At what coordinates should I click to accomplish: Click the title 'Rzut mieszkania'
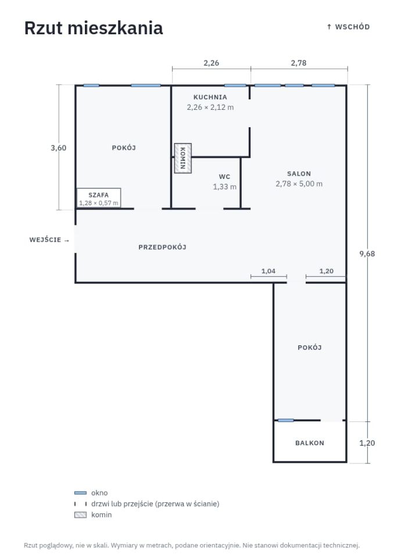(94, 28)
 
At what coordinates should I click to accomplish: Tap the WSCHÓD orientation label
(349, 27)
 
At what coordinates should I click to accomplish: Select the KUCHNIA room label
(210, 97)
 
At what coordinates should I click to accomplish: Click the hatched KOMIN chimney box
(183, 158)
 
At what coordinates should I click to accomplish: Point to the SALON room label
(299, 174)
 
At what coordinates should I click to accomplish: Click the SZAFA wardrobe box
(99, 198)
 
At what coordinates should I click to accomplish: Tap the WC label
(224, 177)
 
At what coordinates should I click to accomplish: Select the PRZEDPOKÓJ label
(162, 247)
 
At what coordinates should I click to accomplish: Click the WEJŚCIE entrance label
(45, 240)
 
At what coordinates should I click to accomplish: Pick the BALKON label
(310, 443)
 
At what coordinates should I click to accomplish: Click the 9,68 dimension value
(367, 254)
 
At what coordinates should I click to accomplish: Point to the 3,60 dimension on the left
(58, 148)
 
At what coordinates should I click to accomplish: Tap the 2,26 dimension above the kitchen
(211, 63)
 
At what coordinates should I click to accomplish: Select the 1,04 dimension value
(268, 271)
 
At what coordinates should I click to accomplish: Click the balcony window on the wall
(286, 420)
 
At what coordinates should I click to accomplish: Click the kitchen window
(235, 85)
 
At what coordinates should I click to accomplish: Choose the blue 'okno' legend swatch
(80, 493)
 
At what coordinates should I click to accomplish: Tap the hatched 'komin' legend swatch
(80, 514)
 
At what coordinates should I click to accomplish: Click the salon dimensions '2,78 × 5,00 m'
(299, 184)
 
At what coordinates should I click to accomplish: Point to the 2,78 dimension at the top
(298, 63)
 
